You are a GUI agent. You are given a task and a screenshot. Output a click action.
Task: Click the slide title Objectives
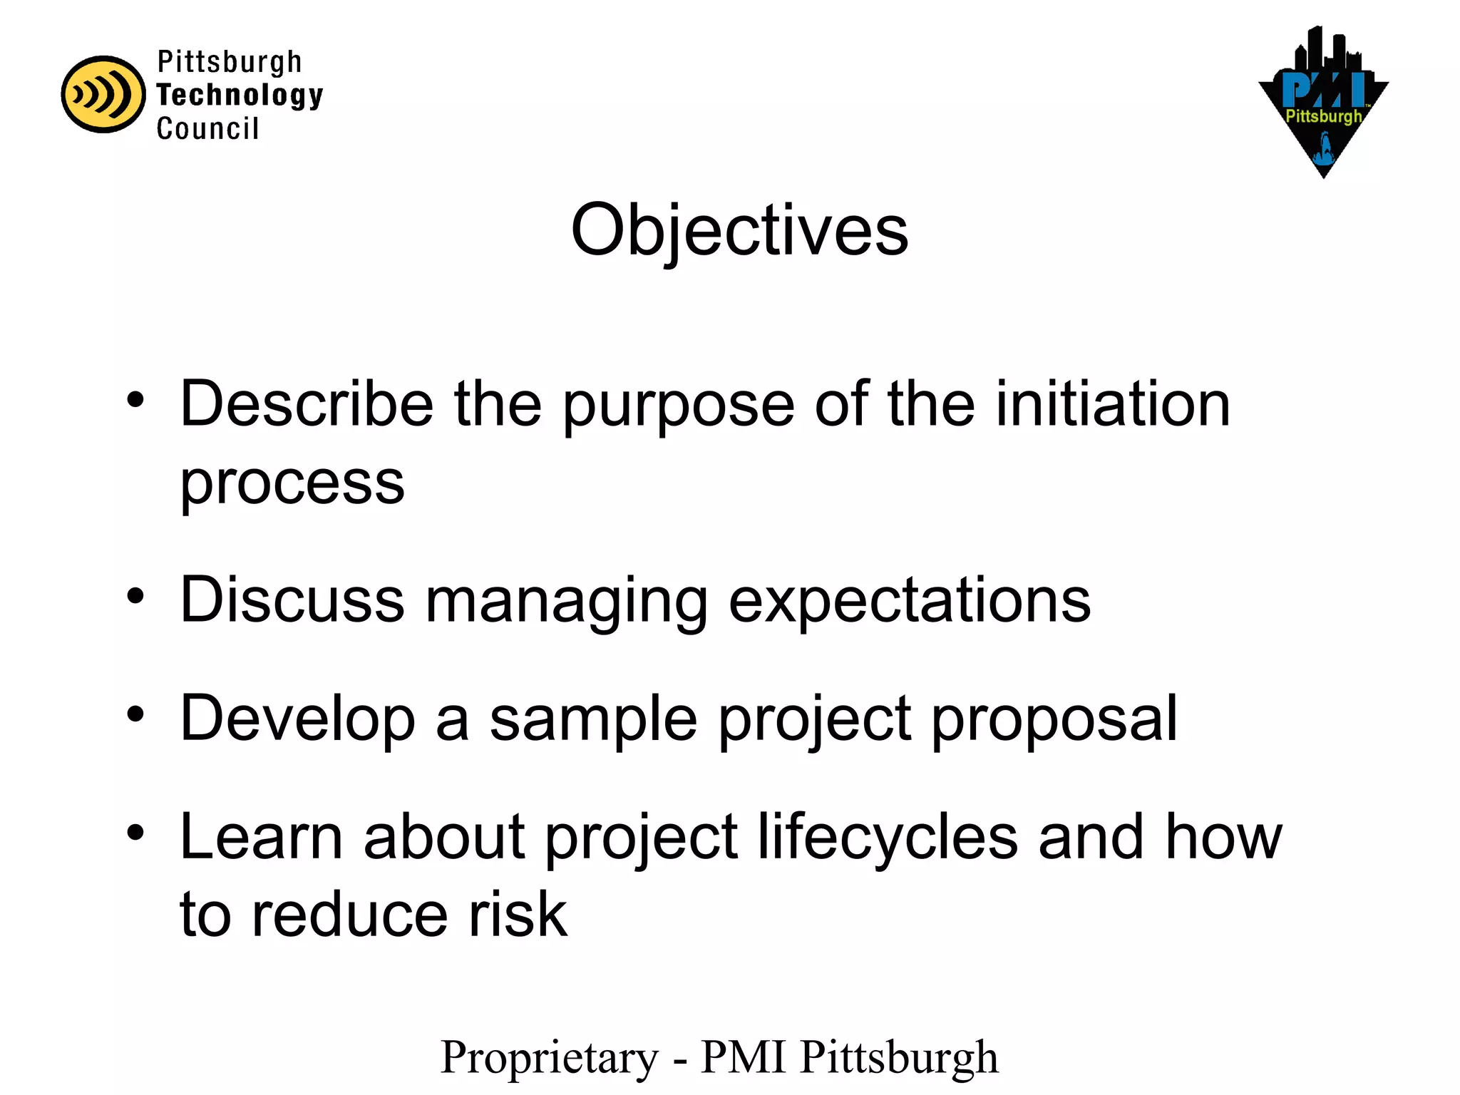[x=739, y=230]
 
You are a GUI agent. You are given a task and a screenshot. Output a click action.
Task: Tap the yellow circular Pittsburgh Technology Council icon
[x=103, y=94]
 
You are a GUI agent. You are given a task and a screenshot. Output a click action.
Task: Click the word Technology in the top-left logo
[x=240, y=95]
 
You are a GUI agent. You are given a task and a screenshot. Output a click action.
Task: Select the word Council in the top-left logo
[x=207, y=129]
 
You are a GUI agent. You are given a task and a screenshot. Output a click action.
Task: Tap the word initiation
[x=1112, y=404]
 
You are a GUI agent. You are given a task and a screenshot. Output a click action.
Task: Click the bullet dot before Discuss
[x=135, y=596]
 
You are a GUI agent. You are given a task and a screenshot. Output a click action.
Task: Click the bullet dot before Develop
[x=135, y=714]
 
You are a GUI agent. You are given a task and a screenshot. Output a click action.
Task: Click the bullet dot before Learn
[x=135, y=833]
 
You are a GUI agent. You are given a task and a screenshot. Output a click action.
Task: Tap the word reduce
[x=349, y=915]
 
